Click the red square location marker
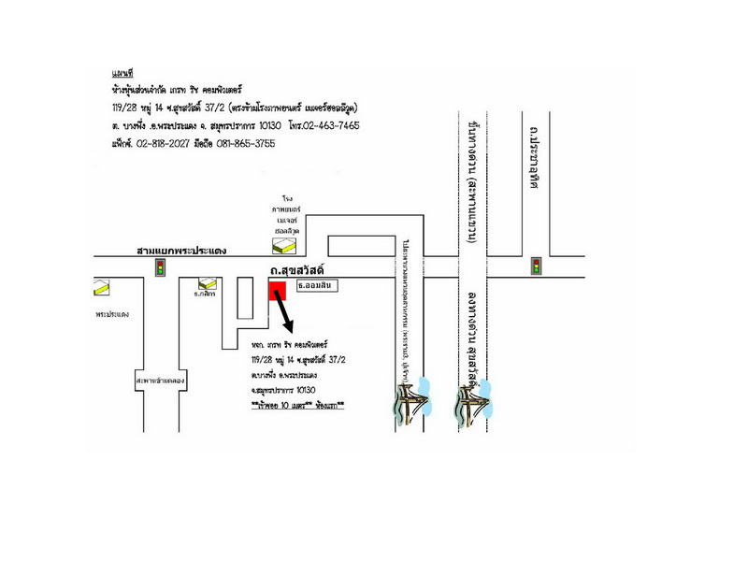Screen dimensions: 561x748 pyautogui.click(x=278, y=293)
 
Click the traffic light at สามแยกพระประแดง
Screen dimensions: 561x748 pyautogui.click(x=161, y=268)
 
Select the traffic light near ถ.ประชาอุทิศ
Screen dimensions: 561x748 pyautogui.click(x=536, y=266)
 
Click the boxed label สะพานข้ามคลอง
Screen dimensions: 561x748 pyautogui.click(x=160, y=381)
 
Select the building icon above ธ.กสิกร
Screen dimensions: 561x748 pyautogui.click(x=205, y=282)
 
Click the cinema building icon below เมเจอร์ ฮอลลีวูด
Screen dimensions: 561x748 pyautogui.click(x=280, y=246)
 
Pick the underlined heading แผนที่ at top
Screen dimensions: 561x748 pyautogui.click(x=122, y=72)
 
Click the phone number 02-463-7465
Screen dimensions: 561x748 pyautogui.click(x=332, y=125)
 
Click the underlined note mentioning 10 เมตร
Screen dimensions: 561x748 pyautogui.click(x=297, y=406)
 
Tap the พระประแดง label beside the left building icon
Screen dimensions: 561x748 pyautogui.click(x=112, y=314)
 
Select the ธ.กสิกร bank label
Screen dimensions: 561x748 pyautogui.click(x=205, y=295)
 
